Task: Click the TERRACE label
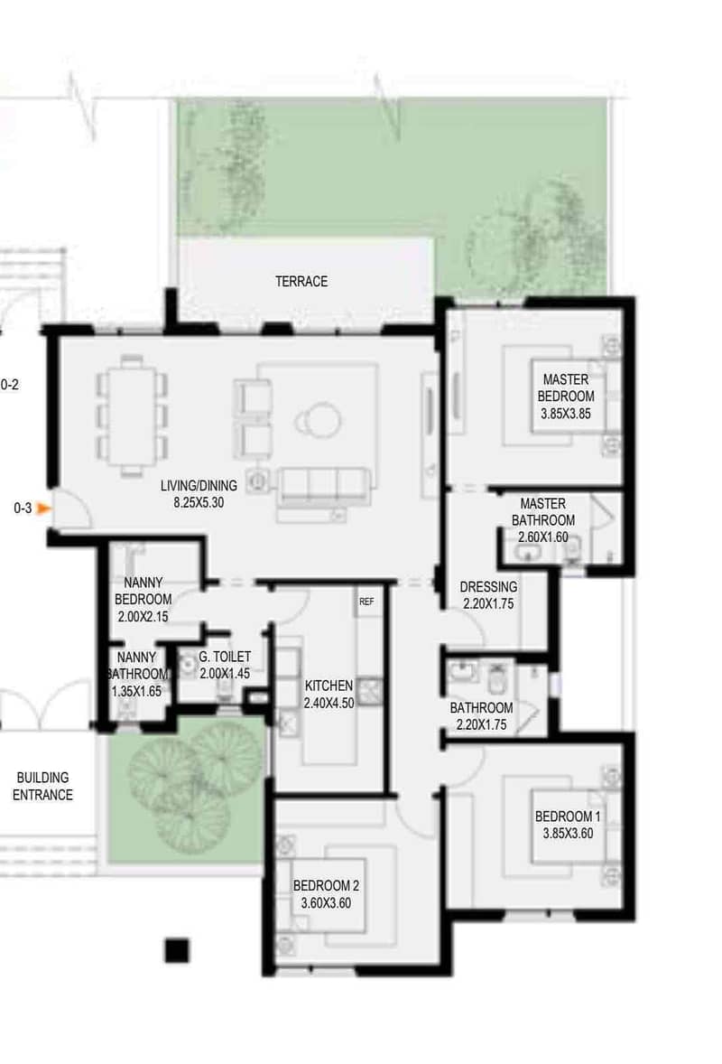click(x=301, y=281)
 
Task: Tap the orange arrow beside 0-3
click(x=44, y=508)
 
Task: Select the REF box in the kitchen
click(x=366, y=602)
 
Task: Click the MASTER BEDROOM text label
click(x=565, y=387)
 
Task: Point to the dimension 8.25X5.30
click(x=199, y=503)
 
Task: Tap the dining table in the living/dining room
click(x=132, y=415)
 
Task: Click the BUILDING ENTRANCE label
click(x=42, y=786)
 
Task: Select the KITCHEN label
click(x=329, y=686)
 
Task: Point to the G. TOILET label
click(x=225, y=657)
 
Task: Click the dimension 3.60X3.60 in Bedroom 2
click(x=326, y=903)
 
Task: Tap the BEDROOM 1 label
click(x=568, y=817)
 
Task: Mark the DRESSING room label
click(x=488, y=587)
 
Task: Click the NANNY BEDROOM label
click(x=143, y=591)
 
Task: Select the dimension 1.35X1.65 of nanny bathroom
click(x=136, y=691)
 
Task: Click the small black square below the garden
click(x=176, y=950)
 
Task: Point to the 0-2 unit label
click(x=10, y=385)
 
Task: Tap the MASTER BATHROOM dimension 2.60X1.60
click(x=543, y=537)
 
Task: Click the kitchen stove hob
click(x=369, y=691)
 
